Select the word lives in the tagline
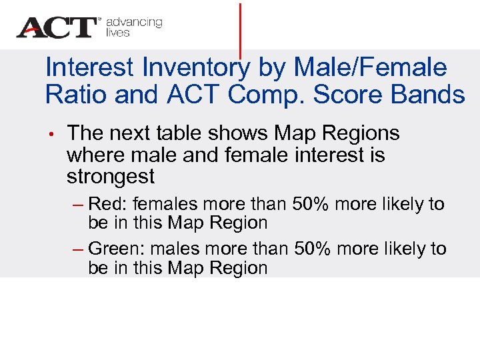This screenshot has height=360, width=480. [118, 33]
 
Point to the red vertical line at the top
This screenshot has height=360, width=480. [240, 30]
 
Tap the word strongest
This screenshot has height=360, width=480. [111, 177]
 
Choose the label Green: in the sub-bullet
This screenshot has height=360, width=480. [117, 249]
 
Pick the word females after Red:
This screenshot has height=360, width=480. [161, 204]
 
